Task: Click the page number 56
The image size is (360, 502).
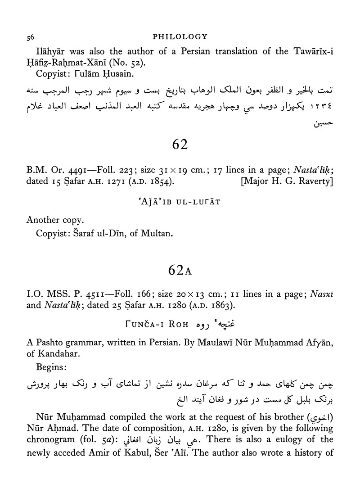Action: click(x=30, y=36)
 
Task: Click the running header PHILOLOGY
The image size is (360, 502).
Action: click(x=180, y=36)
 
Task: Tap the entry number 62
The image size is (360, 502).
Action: click(x=180, y=145)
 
